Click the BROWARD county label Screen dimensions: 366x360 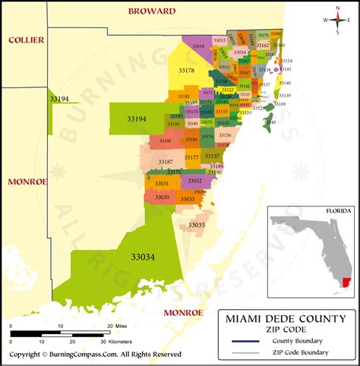point(152,11)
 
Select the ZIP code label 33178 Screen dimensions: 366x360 point(186,71)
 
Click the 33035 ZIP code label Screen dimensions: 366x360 point(197,226)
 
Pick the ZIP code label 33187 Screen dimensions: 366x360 point(166,162)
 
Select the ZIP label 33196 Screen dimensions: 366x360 point(165,140)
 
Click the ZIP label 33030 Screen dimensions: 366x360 point(162,197)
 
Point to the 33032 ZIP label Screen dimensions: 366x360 point(194,181)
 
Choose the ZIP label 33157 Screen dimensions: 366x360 point(212,156)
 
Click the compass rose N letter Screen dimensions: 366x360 point(336,8)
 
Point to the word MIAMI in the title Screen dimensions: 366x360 point(243,319)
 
